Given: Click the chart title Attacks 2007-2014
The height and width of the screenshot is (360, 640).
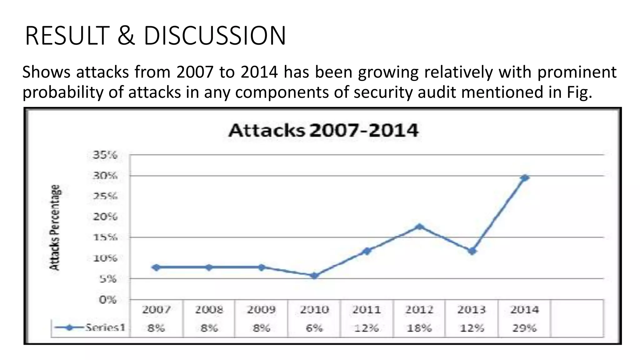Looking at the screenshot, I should pyautogui.click(x=323, y=131).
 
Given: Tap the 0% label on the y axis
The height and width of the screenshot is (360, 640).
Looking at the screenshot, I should pyautogui.click(x=107, y=300).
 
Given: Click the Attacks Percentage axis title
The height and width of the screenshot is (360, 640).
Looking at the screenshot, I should pyautogui.click(x=55, y=227).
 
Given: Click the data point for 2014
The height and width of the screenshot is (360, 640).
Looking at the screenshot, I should pyautogui.click(x=525, y=178).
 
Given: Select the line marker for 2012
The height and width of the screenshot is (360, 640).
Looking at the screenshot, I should pyautogui.click(x=420, y=227).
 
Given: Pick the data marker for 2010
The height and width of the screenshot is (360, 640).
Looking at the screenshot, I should pyautogui.click(x=314, y=275).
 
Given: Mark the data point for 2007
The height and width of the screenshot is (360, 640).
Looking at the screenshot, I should pyautogui.click(x=156, y=267).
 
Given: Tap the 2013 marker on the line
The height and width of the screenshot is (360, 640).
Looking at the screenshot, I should pyautogui.click(x=472, y=251).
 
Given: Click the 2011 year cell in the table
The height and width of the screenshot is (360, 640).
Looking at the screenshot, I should pyautogui.click(x=367, y=310).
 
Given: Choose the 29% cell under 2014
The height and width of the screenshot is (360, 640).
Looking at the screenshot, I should pyautogui.click(x=524, y=328).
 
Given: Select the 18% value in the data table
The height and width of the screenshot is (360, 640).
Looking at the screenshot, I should pyautogui.click(x=419, y=328).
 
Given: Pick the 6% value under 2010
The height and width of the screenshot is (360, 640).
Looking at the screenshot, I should pyautogui.click(x=314, y=328).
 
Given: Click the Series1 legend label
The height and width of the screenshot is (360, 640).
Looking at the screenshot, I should pyautogui.click(x=105, y=327).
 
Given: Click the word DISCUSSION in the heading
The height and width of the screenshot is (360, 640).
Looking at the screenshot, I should pyautogui.click(x=215, y=36).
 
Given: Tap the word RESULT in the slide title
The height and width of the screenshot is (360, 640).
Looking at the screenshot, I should pyautogui.click(x=67, y=36).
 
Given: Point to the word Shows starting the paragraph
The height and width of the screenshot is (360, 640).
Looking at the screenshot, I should pyautogui.click(x=46, y=72).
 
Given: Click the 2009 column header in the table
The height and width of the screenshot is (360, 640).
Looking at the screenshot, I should pyautogui.click(x=261, y=310).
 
